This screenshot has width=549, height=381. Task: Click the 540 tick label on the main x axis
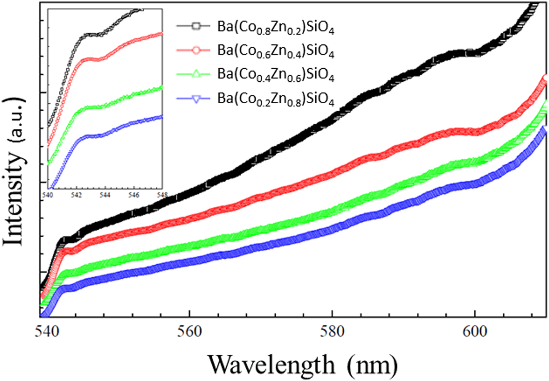pyautogui.click(x=47, y=332)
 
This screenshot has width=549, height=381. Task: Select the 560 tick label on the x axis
pyautogui.click(x=189, y=332)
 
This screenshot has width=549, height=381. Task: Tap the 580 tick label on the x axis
pyautogui.click(x=332, y=332)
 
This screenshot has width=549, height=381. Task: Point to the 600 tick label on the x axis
pyautogui.click(x=475, y=332)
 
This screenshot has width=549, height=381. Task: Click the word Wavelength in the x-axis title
pyautogui.click(x=271, y=365)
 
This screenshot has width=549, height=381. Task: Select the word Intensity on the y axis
pyautogui.click(x=13, y=198)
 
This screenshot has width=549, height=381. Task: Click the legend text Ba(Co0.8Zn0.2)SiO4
pyautogui.click(x=276, y=27)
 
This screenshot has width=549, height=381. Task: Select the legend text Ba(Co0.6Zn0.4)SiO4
pyautogui.click(x=276, y=51)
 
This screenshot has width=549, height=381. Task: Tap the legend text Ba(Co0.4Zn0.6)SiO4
pyautogui.click(x=276, y=75)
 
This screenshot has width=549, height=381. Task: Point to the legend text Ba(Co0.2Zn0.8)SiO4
pyautogui.click(x=276, y=99)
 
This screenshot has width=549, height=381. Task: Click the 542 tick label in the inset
pyautogui.click(x=76, y=195)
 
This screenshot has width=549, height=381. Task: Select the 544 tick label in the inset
pyautogui.click(x=105, y=195)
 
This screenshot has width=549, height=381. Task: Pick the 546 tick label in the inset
pyautogui.click(x=133, y=195)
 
